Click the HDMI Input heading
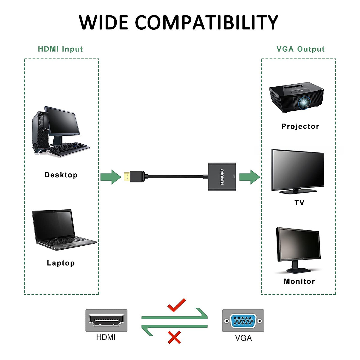click(60, 49)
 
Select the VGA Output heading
click(300, 49)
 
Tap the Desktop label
click(61, 175)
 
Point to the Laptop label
click(61, 263)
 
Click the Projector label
click(300, 126)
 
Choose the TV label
click(299, 203)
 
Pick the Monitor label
click(299, 281)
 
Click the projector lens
click(304, 103)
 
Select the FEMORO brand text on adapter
click(222, 177)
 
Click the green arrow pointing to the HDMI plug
click(110, 177)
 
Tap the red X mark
click(174, 337)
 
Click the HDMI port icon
click(106, 320)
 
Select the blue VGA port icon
click(243, 321)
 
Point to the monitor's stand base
click(298, 270)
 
